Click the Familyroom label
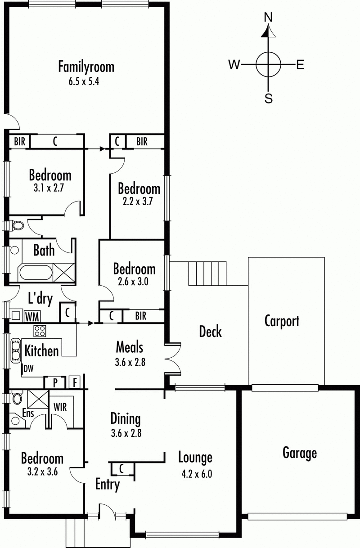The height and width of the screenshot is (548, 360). click(86, 67)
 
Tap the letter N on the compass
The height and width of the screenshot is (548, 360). click(269, 17)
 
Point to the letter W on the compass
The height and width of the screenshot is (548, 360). click(234, 65)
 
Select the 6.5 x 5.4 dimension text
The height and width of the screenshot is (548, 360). click(86, 82)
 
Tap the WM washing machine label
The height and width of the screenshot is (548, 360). click(31, 316)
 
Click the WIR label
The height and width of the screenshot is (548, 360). click(60, 407)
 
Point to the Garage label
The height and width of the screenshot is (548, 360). click(300, 452)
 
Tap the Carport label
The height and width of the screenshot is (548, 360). click(282, 321)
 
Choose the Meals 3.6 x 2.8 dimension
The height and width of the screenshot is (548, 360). click(130, 362)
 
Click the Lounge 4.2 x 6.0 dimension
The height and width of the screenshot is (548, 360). click(195, 473)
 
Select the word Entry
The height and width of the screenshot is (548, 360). click(108, 485)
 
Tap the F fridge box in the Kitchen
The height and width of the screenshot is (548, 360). click(75, 382)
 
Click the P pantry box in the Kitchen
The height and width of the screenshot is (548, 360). click(55, 382)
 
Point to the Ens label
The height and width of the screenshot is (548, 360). click(28, 413)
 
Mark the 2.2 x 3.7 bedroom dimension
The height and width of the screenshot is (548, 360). click(138, 202)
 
